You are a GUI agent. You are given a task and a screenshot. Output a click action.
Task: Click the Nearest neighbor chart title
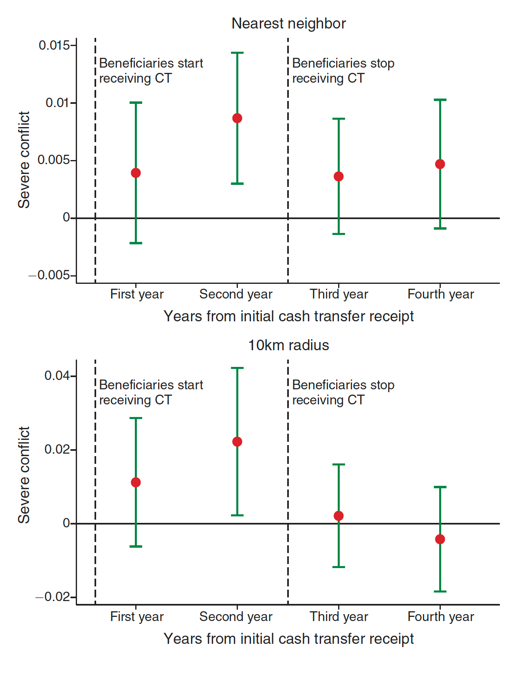[288, 24]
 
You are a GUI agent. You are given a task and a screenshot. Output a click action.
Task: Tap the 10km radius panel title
[288, 345]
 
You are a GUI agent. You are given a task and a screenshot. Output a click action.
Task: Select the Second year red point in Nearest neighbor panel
[237, 118]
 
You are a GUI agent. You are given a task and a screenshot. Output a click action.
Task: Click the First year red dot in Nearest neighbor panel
[136, 173]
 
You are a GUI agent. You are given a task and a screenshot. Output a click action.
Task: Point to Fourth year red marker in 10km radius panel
[440, 539]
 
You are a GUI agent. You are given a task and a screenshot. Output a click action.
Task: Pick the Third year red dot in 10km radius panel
[339, 516]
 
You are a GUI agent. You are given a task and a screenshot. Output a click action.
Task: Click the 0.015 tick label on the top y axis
[54, 45]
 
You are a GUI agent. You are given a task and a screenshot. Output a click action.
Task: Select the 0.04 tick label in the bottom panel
[57, 375]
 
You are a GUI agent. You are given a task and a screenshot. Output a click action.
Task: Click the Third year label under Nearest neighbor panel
[339, 294]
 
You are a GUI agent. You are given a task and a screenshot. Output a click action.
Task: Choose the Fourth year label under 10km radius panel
[440, 617]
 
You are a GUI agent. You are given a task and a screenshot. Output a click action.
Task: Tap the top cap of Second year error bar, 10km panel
[237, 368]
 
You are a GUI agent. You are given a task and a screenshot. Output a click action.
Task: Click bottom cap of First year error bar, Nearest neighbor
[136, 243]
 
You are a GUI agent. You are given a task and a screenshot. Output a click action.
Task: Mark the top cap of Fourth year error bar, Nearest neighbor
[440, 100]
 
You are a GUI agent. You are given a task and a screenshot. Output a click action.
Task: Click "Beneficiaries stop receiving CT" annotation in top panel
[343, 71]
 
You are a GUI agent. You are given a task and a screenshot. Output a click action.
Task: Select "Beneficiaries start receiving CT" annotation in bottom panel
[151, 393]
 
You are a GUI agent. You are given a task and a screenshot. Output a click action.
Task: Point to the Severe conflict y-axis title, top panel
[24, 160]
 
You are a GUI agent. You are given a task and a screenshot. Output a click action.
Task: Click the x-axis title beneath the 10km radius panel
[288, 639]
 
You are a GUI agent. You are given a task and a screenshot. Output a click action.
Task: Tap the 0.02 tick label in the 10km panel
[57, 450]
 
